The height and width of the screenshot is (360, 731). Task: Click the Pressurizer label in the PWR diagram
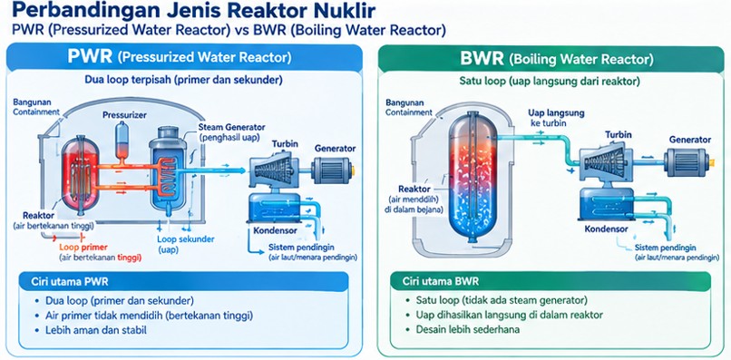[124, 114]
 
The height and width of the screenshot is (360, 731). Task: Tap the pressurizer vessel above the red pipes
[122, 139]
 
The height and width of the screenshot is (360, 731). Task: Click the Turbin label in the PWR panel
[285, 143]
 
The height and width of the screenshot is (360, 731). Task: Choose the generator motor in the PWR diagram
[333, 170]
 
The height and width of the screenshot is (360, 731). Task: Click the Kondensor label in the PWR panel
[269, 231]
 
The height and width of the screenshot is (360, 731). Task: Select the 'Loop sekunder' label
[186, 239]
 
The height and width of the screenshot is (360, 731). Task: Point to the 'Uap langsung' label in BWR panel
[556, 112]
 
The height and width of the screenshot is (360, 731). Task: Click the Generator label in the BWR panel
[690, 140]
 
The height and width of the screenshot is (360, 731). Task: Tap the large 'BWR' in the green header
[482, 58]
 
